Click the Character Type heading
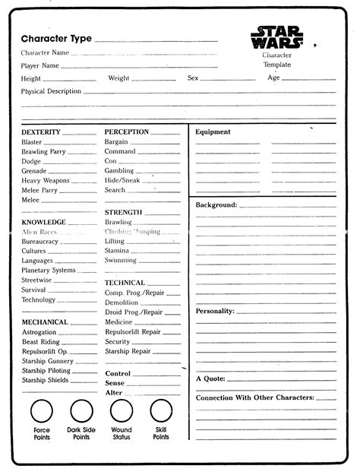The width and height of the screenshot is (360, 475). click(x=56, y=39)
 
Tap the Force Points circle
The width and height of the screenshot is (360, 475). click(x=42, y=412)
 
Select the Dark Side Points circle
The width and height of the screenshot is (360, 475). click(x=81, y=412)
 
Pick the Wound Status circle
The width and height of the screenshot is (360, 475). click(x=121, y=412)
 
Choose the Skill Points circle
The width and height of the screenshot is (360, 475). click(x=160, y=412)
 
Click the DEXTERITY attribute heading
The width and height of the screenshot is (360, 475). click(x=41, y=132)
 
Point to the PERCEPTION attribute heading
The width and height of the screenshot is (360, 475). click(x=127, y=132)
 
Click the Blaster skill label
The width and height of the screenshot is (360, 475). click(x=32, y=142)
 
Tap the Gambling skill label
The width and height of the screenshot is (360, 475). click(x=120, y=171)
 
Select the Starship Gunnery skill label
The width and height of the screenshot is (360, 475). click(x=47, y=361)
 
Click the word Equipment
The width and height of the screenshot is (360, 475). click(x=213, y=132)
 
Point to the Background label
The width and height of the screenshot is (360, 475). click(x=216, y=205)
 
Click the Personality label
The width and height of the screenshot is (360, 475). click(x=215, y=311)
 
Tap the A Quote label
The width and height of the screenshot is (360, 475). click(x=210, y=378)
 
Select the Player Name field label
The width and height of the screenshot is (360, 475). click(x=41, y=66)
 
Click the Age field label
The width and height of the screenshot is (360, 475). click(x=273, y=78)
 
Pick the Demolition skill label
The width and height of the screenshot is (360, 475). click(x=122, y=302)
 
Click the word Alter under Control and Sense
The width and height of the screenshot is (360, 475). click(x=113, y=393)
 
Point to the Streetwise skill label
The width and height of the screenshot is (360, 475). click(x=36, y=280)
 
